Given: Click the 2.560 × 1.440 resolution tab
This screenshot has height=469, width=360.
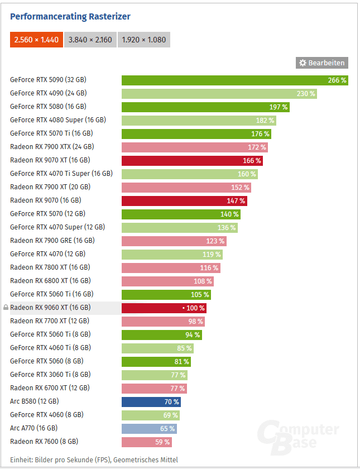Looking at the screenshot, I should [x=36, y=40].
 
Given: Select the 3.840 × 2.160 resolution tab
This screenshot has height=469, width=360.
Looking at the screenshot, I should [x=90, y=40].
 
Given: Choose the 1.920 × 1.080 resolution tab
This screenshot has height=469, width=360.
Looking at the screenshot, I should [x=143, y=40].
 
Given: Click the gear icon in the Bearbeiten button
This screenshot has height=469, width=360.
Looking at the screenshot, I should [x=303, y=63].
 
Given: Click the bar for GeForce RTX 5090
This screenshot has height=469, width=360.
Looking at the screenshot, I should [x=234, y=80].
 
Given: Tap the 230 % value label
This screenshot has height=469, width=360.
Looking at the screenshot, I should [x=306, y=93].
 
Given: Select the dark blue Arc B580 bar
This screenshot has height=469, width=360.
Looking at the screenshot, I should [x=151, y=401].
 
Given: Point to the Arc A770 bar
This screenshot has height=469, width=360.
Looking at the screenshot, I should [x=149, y=428].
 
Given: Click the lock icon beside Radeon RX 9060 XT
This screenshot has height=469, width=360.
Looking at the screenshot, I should [x=6, y=308].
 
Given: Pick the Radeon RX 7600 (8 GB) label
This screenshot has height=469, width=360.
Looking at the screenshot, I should [x=44, y=442].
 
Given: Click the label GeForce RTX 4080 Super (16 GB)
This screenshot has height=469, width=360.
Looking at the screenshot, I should [x=58, y=120].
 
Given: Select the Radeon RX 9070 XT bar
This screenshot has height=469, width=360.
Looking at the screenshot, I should [x=192, y=160].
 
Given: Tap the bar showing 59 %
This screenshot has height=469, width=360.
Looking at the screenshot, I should [x=146, y=442].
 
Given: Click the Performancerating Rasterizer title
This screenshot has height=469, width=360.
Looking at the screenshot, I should [x=70, y=17].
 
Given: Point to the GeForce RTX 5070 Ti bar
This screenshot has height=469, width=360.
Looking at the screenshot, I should [x=196, y=133].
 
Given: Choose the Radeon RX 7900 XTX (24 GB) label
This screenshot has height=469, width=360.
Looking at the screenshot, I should [x=52, y=147].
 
